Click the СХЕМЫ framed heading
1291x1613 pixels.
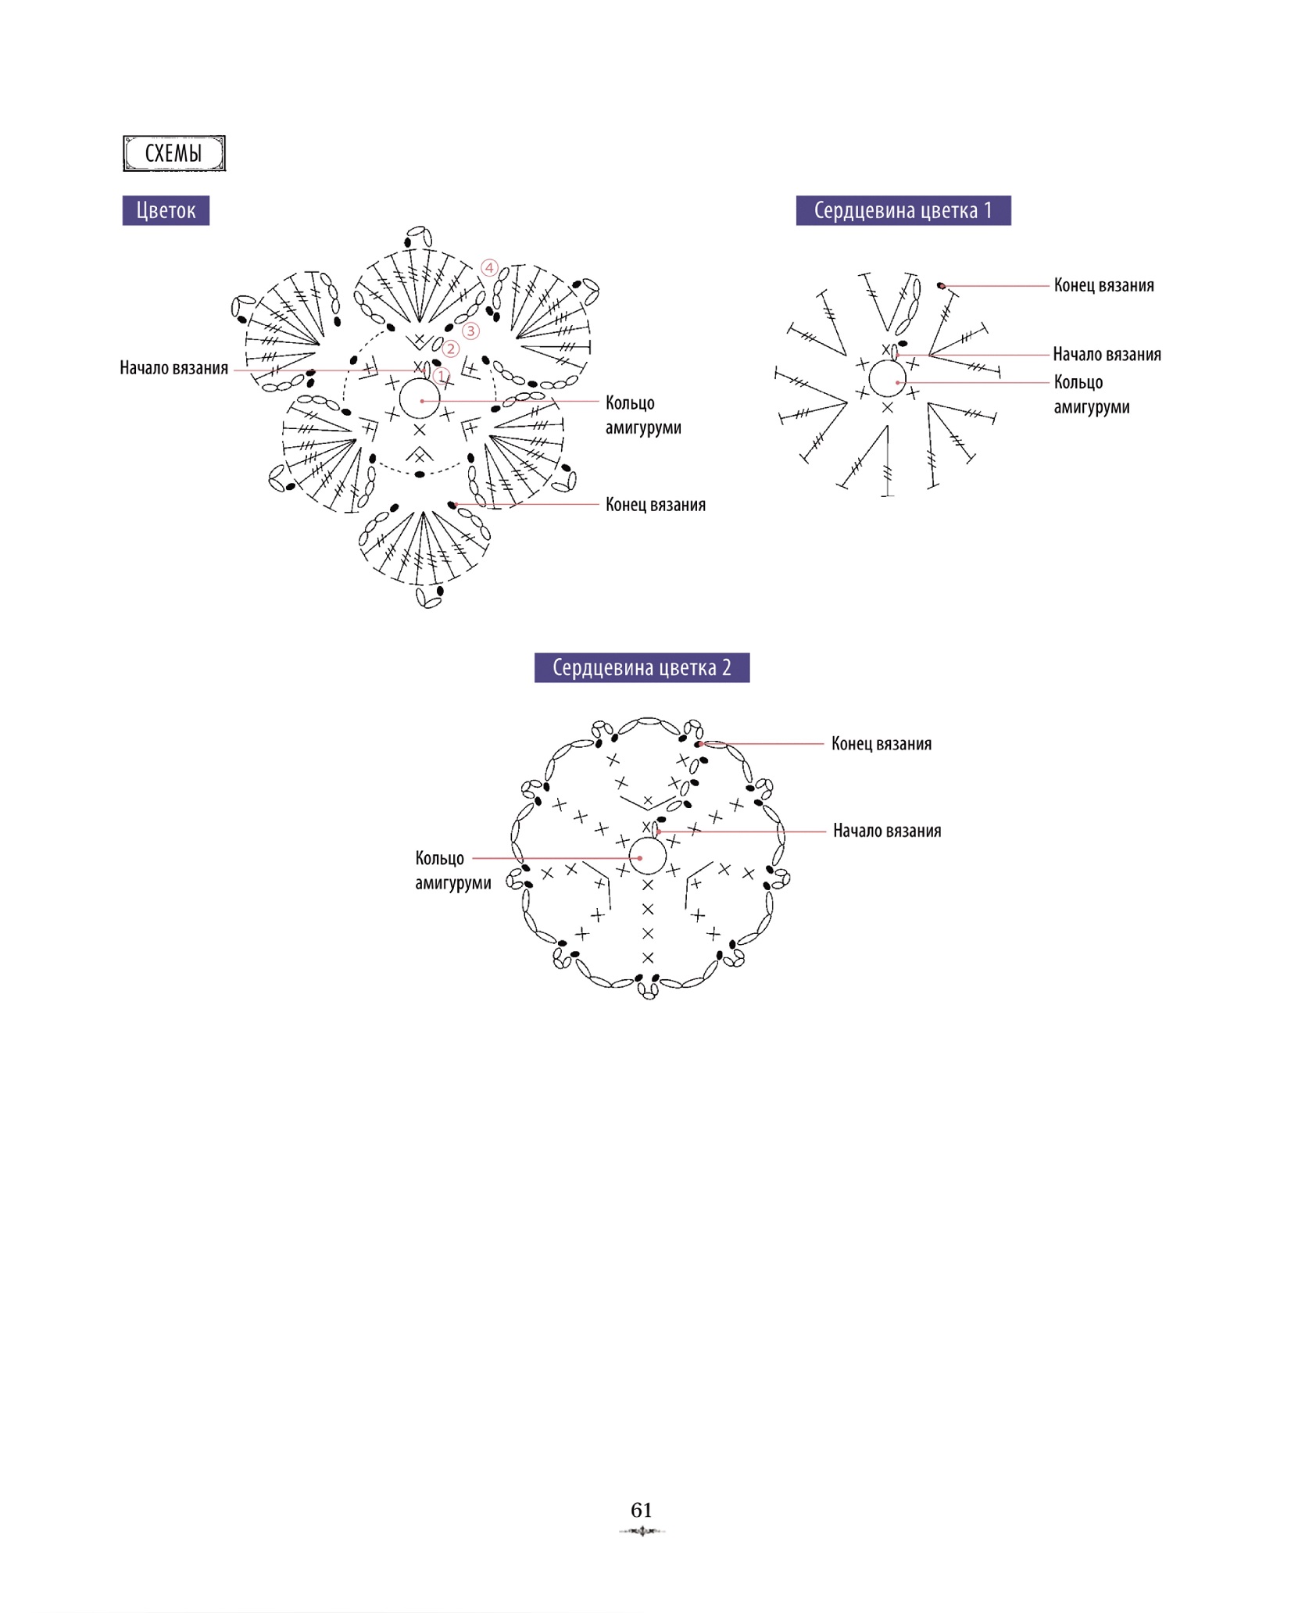(174, 153)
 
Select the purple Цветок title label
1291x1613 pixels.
(166, 210)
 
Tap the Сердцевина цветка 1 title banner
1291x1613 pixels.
(903, 210)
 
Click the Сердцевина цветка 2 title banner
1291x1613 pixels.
(642, 667)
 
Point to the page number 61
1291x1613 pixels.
(642, 1510)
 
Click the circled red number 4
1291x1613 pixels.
(489, 268)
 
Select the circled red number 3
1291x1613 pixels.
(470, 331)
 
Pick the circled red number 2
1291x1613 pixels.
(451, 349)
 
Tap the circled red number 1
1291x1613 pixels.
(442, 376)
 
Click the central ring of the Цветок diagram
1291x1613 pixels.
(420, 381)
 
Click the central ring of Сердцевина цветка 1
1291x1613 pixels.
(887, 361)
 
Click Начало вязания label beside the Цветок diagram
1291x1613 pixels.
(173, 368)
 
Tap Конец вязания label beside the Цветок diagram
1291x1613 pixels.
(656, 505)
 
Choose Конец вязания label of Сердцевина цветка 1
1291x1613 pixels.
(1104, 285)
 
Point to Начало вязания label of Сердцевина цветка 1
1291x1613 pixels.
(1107, 355)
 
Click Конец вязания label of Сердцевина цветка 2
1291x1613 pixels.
(882, 744)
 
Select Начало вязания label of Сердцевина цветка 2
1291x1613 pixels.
(887, 831)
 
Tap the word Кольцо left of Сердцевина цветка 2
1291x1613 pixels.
(440, 859)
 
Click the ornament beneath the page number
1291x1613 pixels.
(642, 1531)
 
